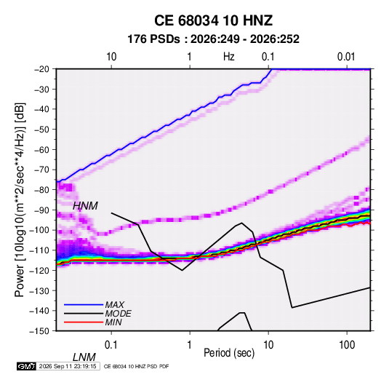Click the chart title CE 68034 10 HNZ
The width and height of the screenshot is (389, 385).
[213, 20]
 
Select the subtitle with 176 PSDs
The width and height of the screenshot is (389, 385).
[213, 39]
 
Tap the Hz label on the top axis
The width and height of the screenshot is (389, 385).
[229, 57]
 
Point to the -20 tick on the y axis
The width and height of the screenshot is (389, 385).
[41, 69]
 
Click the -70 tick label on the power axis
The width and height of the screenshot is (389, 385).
[41, 170]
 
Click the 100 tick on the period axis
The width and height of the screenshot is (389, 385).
[347, 345]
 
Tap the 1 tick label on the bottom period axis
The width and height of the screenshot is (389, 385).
[190, 345]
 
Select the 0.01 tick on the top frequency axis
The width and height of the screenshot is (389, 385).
[346, 57]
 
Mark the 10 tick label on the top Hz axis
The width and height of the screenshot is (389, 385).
[111, 57]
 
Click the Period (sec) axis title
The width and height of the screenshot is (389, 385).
[229, 353]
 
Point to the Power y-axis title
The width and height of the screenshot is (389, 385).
[20, 199]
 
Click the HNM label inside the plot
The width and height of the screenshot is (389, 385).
[85, 206]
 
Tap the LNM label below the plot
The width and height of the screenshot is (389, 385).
[84, 357]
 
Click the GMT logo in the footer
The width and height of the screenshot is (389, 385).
[27, 366]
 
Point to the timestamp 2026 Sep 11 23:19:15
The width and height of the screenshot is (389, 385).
[68, 366]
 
